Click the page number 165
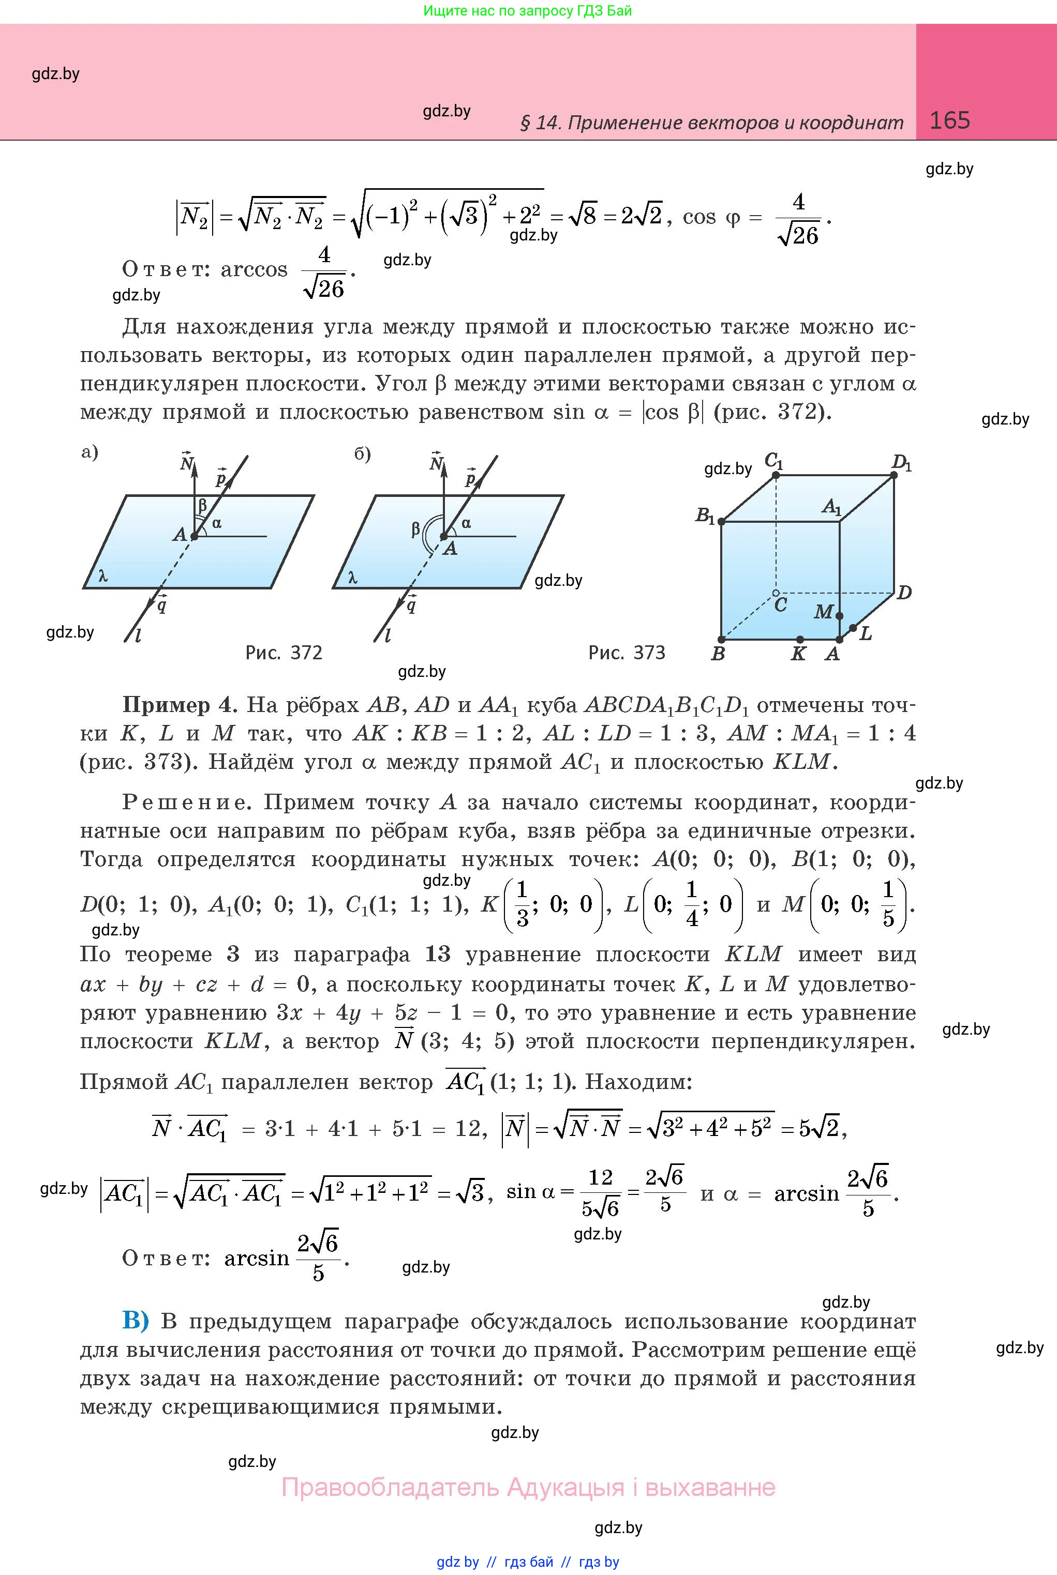tap(949, 120)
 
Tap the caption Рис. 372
tap(284, 652)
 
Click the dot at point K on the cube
tap(799, 639)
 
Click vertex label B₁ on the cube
tap(705, 516)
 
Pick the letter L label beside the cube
tap(866, 633)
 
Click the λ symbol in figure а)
tap(102, 576)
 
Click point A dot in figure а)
tap(194, 536)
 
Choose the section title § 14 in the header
tap(711, 123)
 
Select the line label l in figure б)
tap(387, 635)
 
